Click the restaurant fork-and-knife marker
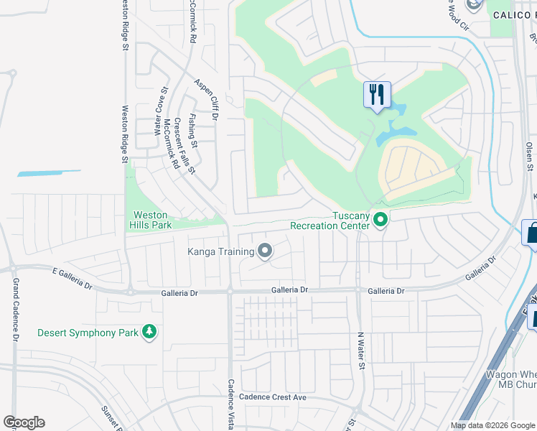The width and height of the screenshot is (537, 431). (x=377, y=95)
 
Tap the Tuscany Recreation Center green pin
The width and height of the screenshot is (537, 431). (x=380, y=221)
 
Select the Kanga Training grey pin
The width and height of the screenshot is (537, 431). (x=265, y=251)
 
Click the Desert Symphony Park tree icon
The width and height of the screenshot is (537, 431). (x=149, y=332)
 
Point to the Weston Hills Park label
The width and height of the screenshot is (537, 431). (x=150, y=220)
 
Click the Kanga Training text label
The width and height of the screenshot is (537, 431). (x=221, y=251)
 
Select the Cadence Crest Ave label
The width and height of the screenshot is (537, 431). (x=273, y=397)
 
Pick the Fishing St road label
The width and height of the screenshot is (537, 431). (x=192, y=129)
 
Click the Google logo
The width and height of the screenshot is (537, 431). (x=24, y=422)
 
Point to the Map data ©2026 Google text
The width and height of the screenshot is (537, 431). (x=492, y=425)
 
